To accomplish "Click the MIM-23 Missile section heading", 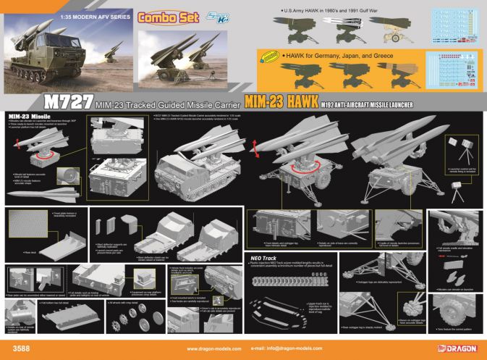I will tap(29, 116).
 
